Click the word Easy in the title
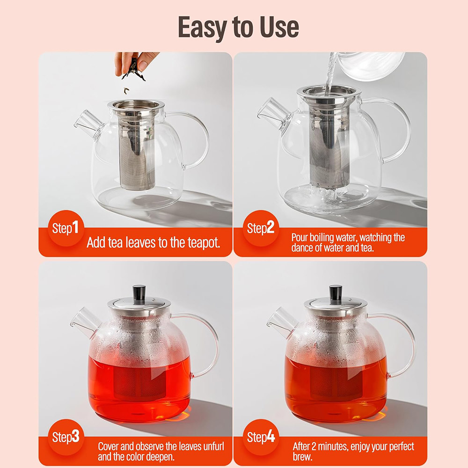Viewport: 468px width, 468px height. tap(203, 27)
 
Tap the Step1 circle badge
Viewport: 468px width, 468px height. tap(66, 228)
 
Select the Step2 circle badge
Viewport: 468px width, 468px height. tap(261, 228)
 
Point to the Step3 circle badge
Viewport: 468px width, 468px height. tap(66, 437)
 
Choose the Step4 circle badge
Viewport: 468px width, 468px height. tap(261, 437)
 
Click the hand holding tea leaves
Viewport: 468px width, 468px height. tap(134, 63)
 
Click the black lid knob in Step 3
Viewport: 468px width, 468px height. tap(139, 294)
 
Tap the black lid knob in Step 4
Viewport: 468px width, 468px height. tap(336, 294)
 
